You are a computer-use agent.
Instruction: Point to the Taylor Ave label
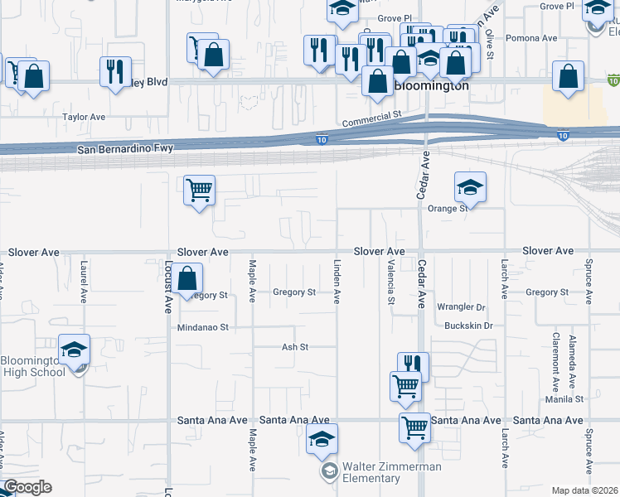(85, 118)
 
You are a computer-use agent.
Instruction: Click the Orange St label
(448, 209)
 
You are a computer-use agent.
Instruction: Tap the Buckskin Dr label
(467, 326)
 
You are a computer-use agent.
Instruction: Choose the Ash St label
(295, 347)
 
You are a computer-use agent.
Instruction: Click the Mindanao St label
(202, 328)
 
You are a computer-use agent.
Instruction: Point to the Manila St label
(565, 398)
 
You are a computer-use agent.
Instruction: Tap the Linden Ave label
(337, 281)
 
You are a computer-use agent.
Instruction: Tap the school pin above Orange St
(470, 188)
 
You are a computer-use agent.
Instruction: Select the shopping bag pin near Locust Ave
(187, 278)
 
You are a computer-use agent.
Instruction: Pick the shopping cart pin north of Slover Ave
(199, 191)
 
